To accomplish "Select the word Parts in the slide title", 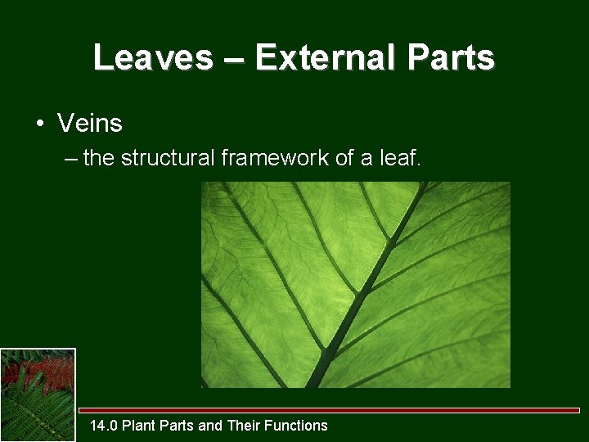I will pos(453,58).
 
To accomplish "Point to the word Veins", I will pos(90,124).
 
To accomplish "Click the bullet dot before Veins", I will pos(38,124).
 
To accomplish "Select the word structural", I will pos(169,158).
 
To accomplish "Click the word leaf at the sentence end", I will pos(401,158).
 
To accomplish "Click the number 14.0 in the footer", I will pos(104,426).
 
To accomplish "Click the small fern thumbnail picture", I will pos(38,395).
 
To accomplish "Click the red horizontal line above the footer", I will pos(327,410).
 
